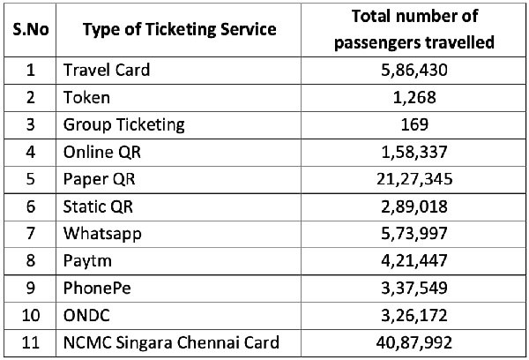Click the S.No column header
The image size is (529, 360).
pos(28,29)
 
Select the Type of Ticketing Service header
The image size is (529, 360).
pos(179,29)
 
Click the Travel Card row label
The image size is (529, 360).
pos(106,70)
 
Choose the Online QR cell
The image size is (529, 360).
pos(101,151)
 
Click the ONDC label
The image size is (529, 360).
pos(86,315)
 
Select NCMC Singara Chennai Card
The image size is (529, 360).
pos(170,342)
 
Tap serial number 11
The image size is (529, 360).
pos(28,342)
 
